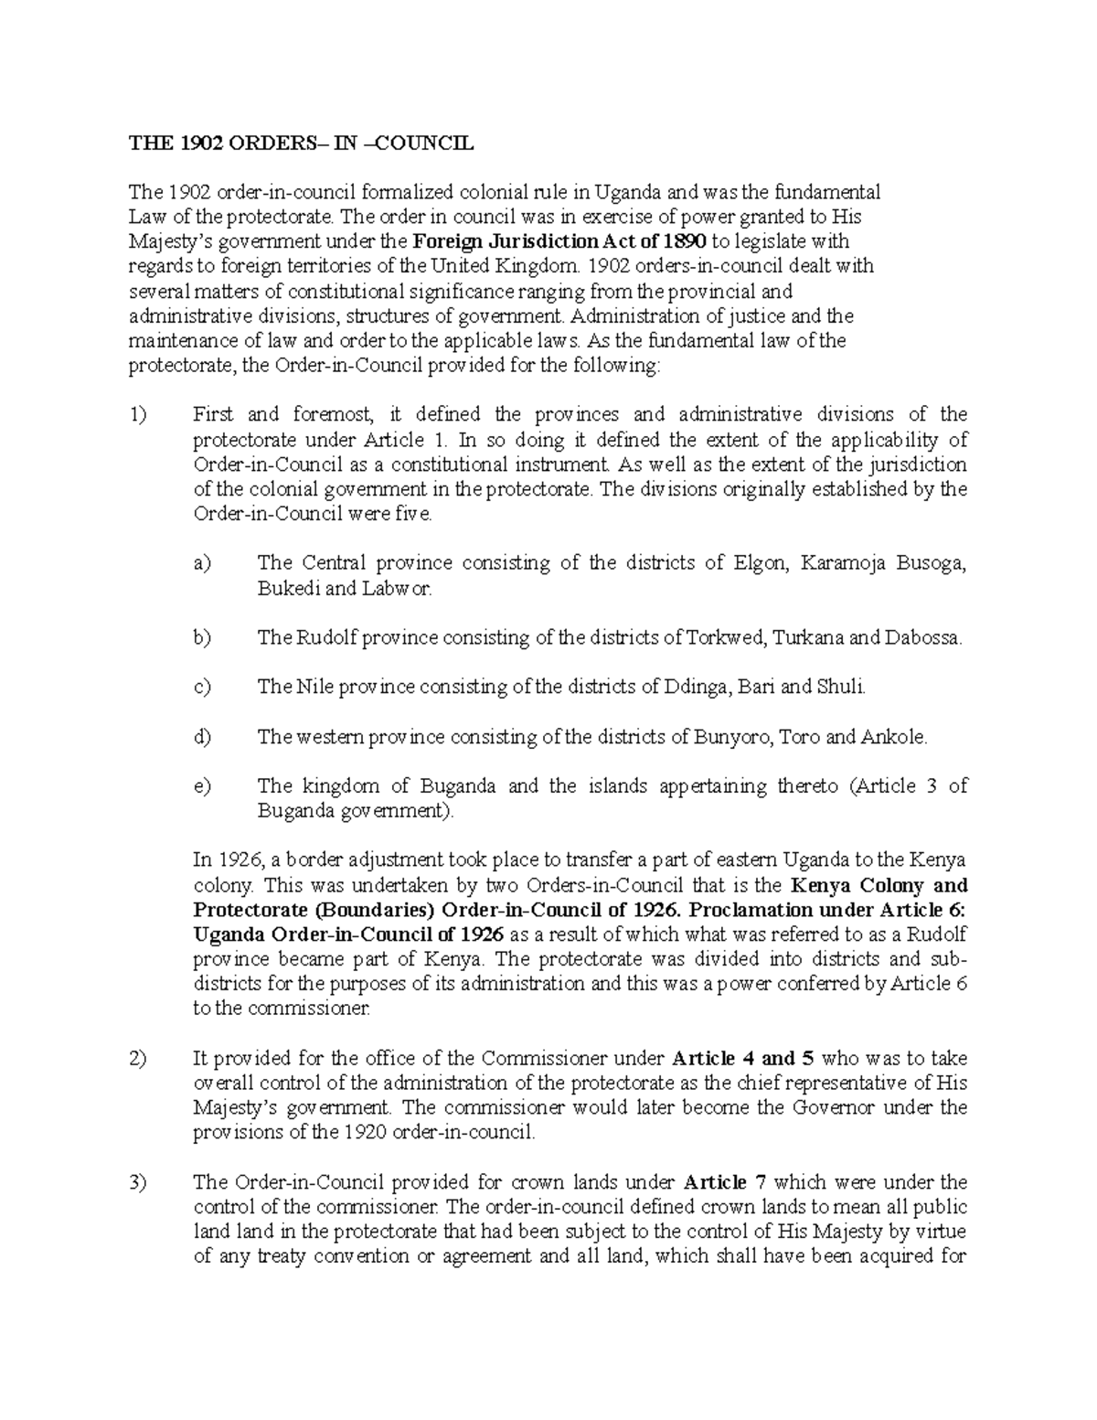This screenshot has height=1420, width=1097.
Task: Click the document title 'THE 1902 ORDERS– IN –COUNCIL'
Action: click(x=302, y=143)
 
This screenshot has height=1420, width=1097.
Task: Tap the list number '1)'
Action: click(x=138, y=415)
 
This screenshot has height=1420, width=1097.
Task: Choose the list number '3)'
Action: click(x=138, y=1182)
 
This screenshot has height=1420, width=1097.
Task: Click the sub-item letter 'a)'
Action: click(x=202, y=563)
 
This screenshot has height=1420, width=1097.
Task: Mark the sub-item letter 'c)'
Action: click(x=202, y=687)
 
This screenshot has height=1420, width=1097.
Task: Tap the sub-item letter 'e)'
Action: click(x=202, y=786)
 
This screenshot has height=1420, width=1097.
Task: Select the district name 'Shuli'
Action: click(x=840, y=687)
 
